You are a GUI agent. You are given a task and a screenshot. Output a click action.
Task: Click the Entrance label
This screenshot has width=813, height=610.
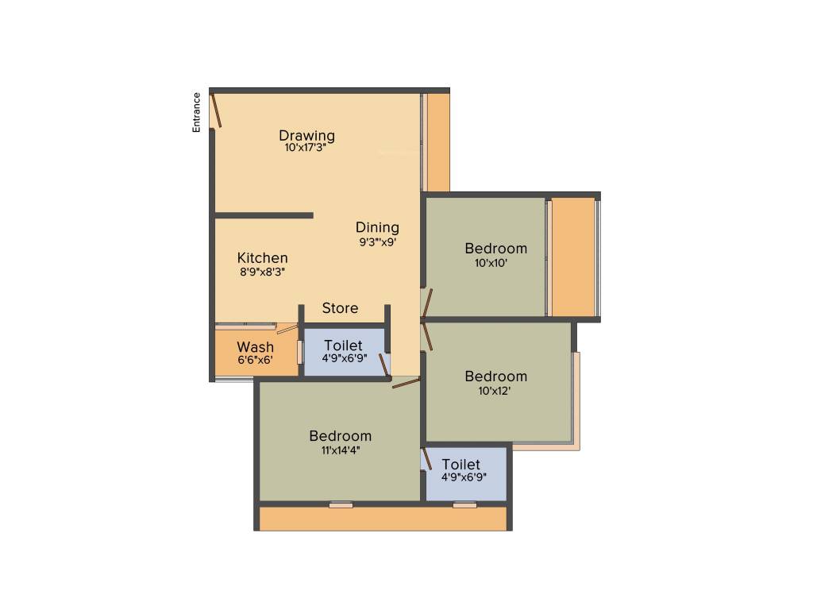[196, 112]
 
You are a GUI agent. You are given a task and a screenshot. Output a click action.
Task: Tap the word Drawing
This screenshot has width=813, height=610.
[306, 135]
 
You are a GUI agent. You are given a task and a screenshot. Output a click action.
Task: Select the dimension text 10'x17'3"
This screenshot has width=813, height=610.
[306, 148]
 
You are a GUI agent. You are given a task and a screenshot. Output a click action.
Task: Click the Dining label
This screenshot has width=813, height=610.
[377, 228]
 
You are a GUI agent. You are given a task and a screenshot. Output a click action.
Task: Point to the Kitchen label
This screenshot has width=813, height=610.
[262, 258]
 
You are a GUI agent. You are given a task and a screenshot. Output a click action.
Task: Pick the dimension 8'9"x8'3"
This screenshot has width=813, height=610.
[262, 271]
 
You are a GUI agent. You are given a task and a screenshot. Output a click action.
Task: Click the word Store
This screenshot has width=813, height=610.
[340, 308]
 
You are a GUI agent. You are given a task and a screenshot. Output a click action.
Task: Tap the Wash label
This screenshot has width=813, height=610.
[255, 347]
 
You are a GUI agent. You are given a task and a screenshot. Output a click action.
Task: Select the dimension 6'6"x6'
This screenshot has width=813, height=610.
[255, 359]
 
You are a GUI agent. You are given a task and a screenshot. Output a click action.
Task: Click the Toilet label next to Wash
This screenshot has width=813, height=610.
[343, 346]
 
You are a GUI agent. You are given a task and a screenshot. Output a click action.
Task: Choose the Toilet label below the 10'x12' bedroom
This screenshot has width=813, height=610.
[460, 465]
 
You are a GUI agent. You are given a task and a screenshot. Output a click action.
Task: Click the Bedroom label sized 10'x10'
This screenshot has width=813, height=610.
[495, 249]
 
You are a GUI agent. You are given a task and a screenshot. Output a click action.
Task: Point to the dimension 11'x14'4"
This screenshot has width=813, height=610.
[340, 449]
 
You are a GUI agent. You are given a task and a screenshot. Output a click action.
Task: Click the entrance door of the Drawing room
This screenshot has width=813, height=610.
[215, 110]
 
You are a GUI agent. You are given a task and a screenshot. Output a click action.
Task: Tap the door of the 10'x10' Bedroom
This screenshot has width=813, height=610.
[427, 303]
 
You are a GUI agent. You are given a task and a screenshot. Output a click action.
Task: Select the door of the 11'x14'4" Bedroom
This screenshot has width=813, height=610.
[406, 384]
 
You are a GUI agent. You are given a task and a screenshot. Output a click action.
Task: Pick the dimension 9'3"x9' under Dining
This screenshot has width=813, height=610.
[377, 241]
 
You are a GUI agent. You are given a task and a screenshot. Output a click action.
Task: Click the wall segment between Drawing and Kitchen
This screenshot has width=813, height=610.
[264, 215]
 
